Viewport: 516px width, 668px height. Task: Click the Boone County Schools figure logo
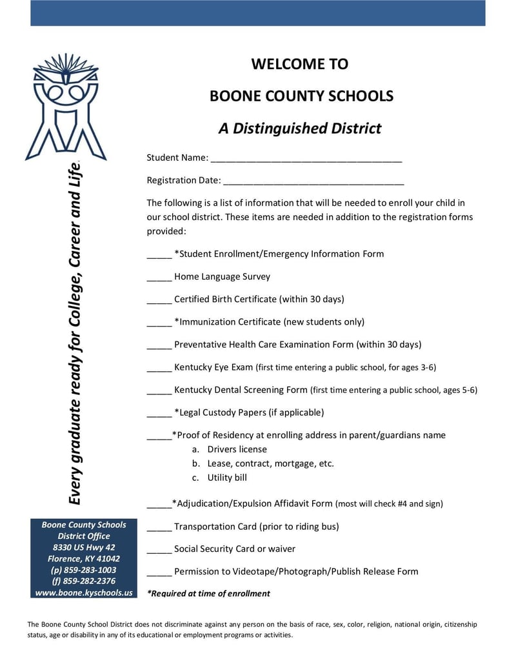point(65,106)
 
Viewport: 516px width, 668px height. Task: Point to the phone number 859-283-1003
point(84,570)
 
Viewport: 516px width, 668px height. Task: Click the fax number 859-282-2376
point(84,581)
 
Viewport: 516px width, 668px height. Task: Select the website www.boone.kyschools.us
point(84,592)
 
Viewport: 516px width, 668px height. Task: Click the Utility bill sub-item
point(227,478)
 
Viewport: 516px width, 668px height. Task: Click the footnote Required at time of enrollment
point(208,593)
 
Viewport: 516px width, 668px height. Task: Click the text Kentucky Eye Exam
point(213,367)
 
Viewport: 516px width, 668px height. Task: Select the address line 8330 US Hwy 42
point(84,547)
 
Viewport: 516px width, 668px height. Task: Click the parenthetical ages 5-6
point(460,390)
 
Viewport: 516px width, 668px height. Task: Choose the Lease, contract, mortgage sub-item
point(270,463)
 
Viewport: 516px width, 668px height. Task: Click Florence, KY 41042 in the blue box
point(84,558)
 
